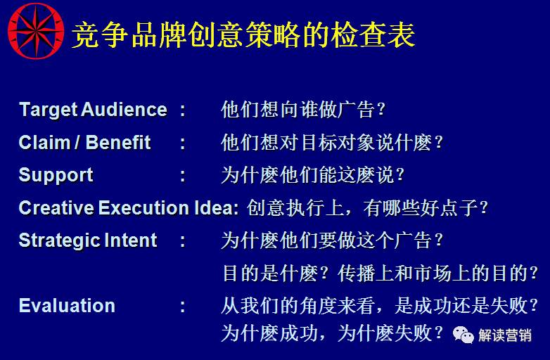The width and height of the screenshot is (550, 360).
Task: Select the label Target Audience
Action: (93, 110)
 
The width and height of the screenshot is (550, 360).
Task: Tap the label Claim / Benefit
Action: (84, 143)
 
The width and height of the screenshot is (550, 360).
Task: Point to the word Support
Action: (56, 175)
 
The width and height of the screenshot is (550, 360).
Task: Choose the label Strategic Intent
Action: (88, 240)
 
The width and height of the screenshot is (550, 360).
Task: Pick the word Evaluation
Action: (67, 306)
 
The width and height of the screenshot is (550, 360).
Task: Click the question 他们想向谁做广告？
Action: (303, 110)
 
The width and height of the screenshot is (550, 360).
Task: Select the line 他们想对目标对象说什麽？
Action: (332, 143)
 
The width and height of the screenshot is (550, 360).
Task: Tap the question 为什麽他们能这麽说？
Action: (313, 175)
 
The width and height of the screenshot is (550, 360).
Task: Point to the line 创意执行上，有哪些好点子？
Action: (366, 208)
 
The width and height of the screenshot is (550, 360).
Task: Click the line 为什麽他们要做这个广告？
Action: (332, 240)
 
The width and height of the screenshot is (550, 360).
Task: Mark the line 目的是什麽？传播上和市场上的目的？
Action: (380, 274)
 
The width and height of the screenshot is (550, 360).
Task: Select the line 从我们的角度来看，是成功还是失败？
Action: (380, 306)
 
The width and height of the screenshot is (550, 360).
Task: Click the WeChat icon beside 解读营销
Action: (463, 334)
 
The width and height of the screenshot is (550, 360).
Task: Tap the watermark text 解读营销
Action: (505, 335)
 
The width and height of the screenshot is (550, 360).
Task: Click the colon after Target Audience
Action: (183, 110)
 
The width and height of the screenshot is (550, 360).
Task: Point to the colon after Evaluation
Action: (183, 307)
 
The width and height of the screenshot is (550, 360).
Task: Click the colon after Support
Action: (183, 176)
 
